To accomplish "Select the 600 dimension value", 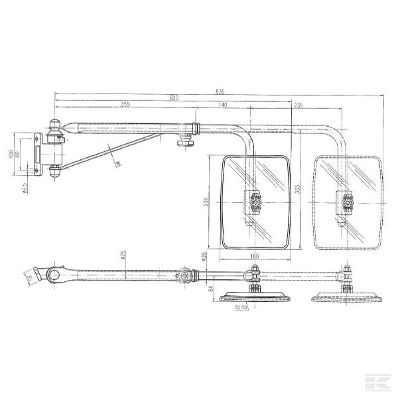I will pyautogui.click(x=174, y=98).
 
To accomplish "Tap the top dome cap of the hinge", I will pyautogui.click(x=54, y=123).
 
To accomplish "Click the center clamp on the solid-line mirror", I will pyautogui.click(x=254, y=202).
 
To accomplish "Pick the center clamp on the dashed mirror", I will pyautogui.click(x=344, y=202).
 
